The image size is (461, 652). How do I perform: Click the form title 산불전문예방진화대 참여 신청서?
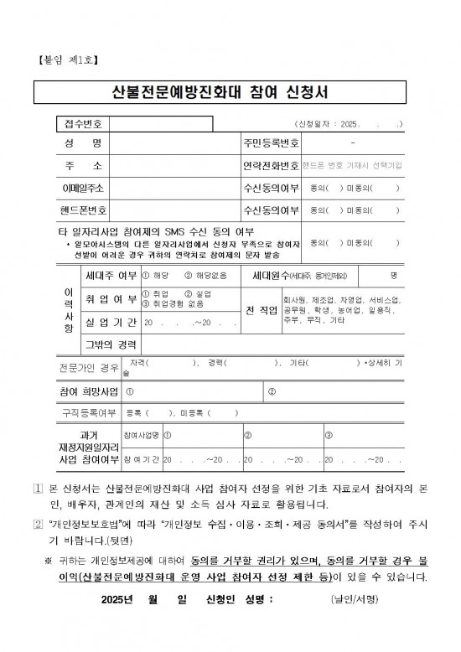tap(230, 91)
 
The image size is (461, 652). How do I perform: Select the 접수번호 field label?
tap(82, 124)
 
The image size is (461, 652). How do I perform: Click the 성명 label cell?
tap(82, 144)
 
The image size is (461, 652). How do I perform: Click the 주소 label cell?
tap(82, 166)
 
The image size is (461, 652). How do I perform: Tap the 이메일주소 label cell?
tap(82, 188)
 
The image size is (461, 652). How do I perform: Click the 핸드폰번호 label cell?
tap(82, 210)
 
